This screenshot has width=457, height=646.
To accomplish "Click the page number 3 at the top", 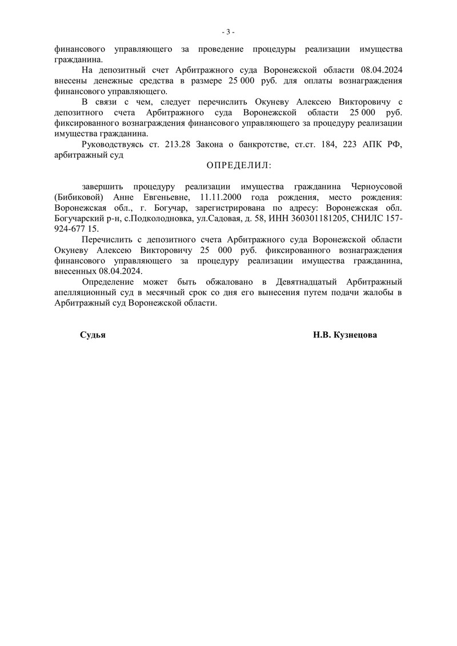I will (228, 31).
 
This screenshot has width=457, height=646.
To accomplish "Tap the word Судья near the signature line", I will (93, 336).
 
